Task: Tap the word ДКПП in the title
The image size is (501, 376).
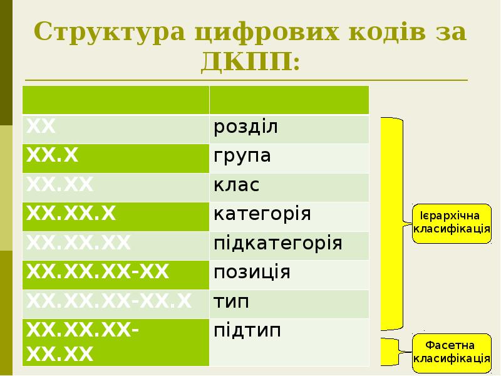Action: coord(250,61)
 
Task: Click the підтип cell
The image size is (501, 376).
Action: coord(289,342)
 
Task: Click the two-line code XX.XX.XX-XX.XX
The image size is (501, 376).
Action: coord(115,342)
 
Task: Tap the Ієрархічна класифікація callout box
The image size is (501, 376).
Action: coord(452,222)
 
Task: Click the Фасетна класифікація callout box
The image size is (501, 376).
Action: coord(452,352)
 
